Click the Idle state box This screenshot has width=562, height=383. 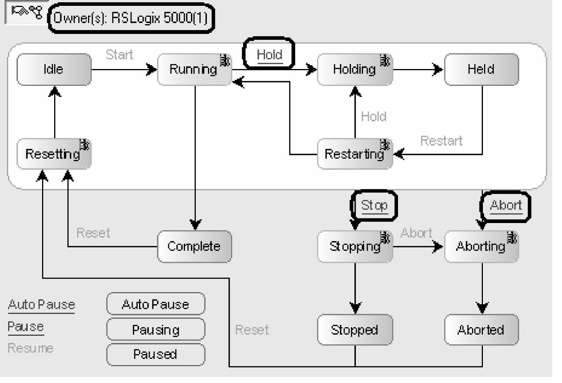[54, 69]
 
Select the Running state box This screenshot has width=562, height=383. [194, 69]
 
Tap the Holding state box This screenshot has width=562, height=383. [355, 69]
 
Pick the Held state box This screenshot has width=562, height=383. [481, 69]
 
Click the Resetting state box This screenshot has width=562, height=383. [54, 154]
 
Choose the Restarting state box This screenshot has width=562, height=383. [355, 154]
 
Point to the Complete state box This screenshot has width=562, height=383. [194, 246]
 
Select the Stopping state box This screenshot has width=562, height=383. [355, 246]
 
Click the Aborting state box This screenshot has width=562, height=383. [481, 246]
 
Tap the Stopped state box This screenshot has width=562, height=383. [355, 330]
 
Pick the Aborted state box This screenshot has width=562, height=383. [481, 330]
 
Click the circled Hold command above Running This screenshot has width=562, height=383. [269, 54]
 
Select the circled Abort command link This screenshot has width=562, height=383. [506, 205]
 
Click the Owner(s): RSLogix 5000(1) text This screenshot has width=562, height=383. [130, 18]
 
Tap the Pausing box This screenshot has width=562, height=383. [155, 330]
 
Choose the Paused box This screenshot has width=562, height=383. [155, 354]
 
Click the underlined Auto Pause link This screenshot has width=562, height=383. [41, 305]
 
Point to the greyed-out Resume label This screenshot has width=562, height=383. [30, 348]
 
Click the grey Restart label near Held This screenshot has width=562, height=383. [441, 141]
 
